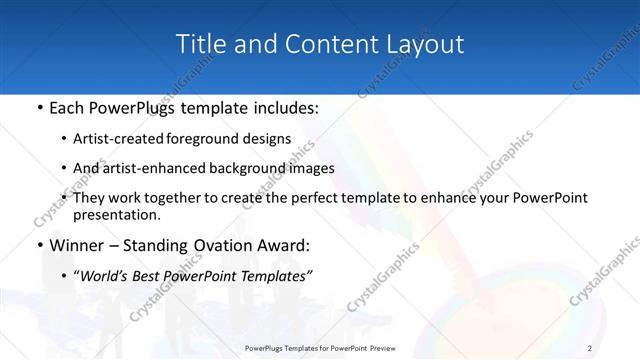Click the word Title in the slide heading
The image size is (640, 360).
click(200, 44)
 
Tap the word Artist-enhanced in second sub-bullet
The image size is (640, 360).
click(151, 168)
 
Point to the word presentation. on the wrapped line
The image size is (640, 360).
click(116, 214)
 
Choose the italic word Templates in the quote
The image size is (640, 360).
click(275, 276)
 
